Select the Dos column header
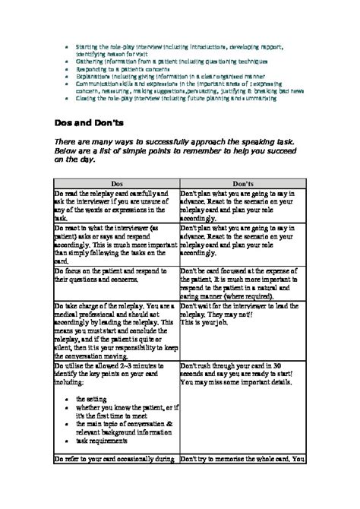click(x=116, y=184)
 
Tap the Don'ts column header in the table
click(x=242, y=184)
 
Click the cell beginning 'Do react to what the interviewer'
click(x=116, y=242)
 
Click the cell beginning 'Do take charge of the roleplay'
click(x=116, y=331)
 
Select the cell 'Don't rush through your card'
click(x=242, y=375)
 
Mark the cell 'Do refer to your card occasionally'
click(x=116, y=460)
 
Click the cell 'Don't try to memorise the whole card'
click(x=242, y=460)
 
